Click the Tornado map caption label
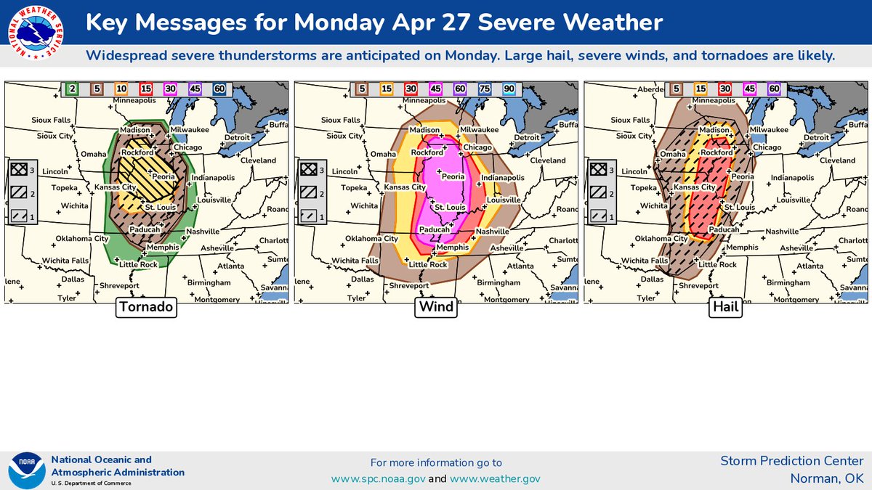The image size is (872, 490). (x=147, y=307)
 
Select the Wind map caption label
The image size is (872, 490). (x=435, y=307)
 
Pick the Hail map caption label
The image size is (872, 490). (x=725, y=307)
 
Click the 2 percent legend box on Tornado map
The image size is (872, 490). (x=73, y=89)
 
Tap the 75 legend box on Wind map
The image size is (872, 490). (x=485, y=89)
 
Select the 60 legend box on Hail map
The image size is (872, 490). (x=773, y=89)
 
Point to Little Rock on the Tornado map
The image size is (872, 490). (x=138, y=264)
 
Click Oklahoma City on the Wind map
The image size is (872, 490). (x=371, y=238)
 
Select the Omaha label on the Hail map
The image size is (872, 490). (x=673, y=154)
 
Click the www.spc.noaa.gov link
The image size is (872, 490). (x=378, y=478)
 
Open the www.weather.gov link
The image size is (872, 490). (x=495, y=478)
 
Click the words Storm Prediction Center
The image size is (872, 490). (x=791, y=461)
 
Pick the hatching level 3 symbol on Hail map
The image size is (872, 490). (x=598, y=169)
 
